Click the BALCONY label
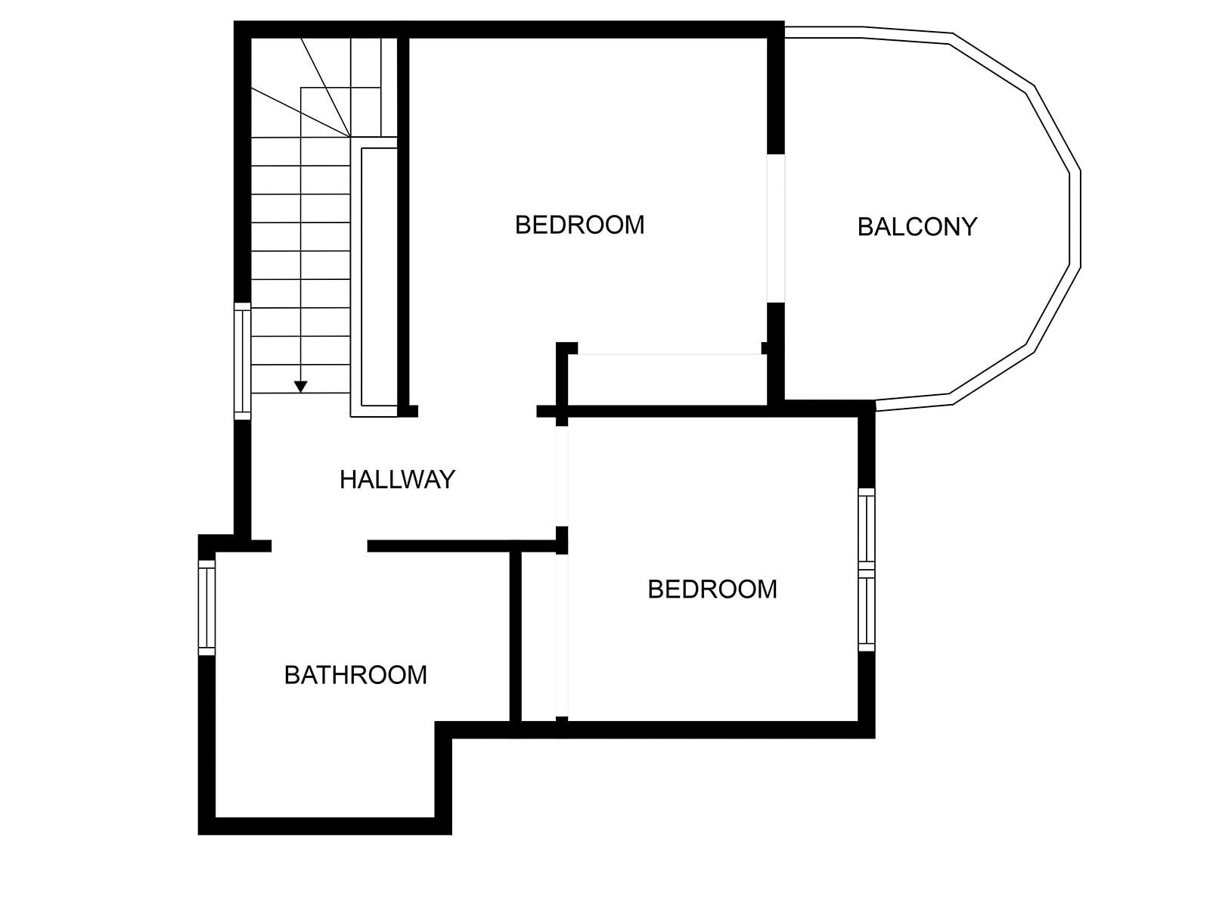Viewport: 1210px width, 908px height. (917, 226)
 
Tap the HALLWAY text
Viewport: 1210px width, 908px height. (397, 479)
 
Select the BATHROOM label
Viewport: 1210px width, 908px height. (355, 674)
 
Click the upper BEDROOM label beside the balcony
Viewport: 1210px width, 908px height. (579, 225)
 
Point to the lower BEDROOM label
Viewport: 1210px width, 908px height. (712, 589)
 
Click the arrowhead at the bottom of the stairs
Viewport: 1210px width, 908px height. (301, 387)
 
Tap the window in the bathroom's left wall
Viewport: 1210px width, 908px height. (206, 608)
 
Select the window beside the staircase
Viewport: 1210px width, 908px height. (242, 360)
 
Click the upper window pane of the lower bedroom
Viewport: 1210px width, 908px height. (867, 528)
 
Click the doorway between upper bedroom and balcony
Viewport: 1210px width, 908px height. (776, 229)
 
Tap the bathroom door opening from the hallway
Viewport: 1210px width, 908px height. (319, 546)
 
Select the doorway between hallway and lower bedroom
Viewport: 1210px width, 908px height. (561, 477)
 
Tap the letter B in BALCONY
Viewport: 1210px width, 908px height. (865, 226)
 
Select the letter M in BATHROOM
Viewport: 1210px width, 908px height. (417, 674)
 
